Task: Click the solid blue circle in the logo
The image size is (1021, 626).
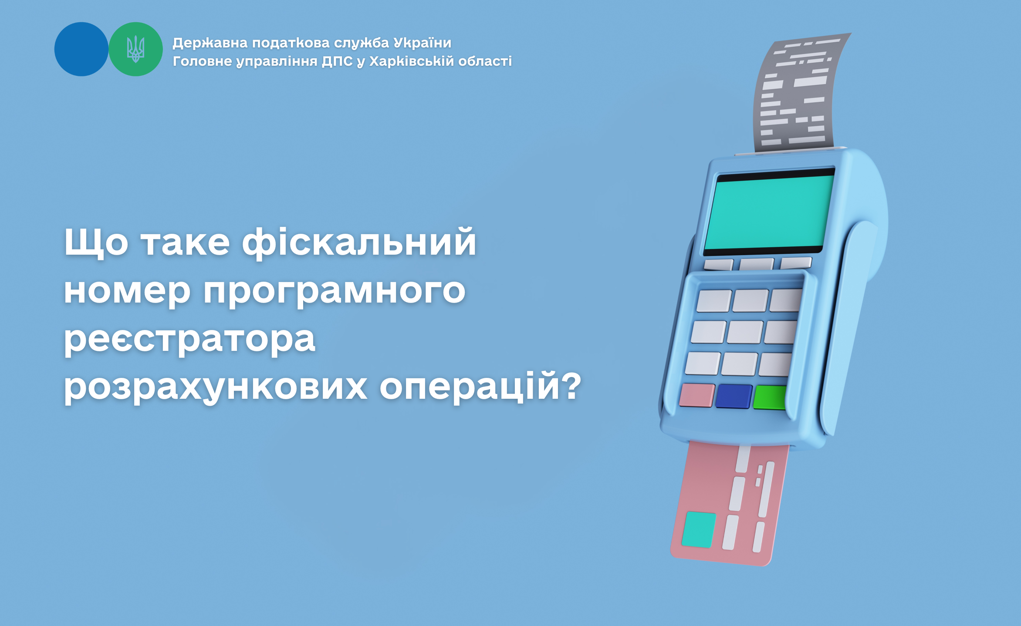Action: [x=81, y=49]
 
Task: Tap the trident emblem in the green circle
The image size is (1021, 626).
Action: [x=135, y=49]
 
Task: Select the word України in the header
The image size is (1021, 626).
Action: [x=423, y=43]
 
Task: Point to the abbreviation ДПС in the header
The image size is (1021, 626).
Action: [x=337, y=61]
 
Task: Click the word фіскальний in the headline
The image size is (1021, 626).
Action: [x=359, y=242]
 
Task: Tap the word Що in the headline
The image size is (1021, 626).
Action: [x=96, y=242]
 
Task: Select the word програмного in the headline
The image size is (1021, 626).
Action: [x=335, y=291]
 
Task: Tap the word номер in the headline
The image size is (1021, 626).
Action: [x=127, y=291]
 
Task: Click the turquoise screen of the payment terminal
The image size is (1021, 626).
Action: [x=769, y=212]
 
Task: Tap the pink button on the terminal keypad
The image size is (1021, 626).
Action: [x=697, y=395]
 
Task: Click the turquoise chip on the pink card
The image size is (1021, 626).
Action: [x=699, y=529]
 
